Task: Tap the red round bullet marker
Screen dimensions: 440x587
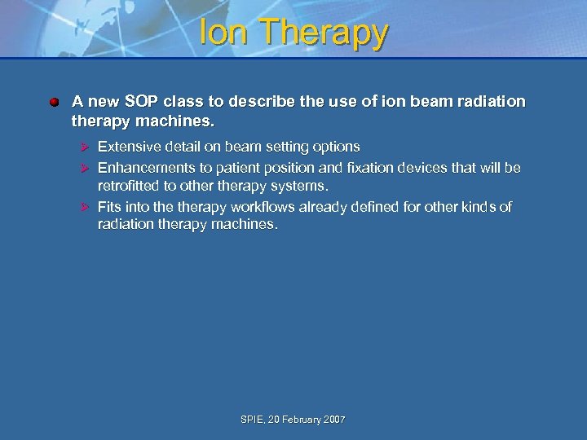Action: click(x=53, y=103)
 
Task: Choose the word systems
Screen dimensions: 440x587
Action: click(x=299, y=186)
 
